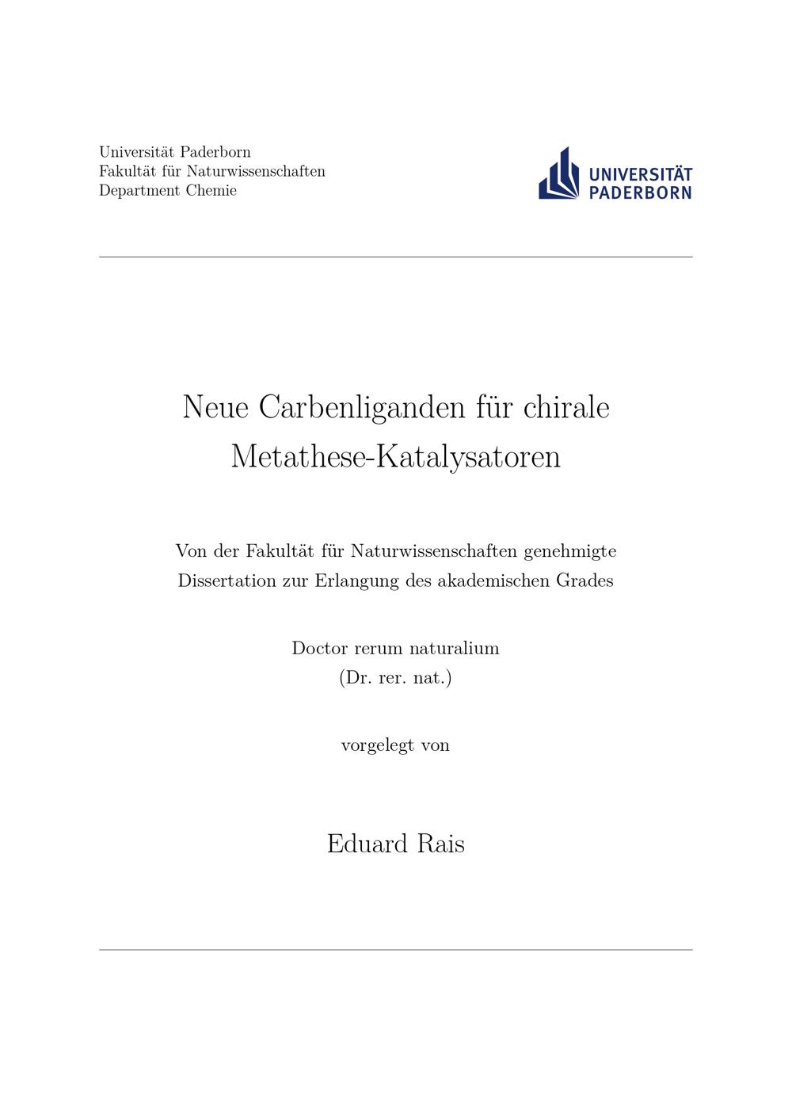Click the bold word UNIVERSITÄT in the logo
pos(641,174)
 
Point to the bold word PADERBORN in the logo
pos(641,192)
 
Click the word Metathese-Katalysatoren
pos(395,457)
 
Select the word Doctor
pos(319,648)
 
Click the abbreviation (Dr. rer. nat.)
pos(395,679)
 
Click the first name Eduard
pos(367,844)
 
